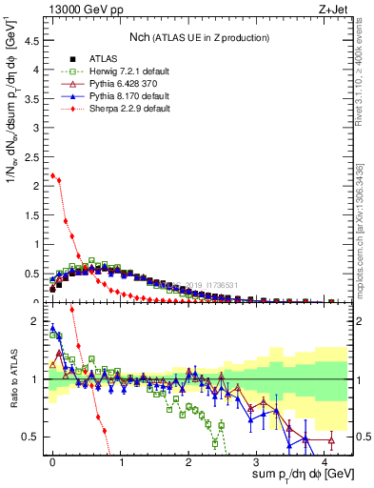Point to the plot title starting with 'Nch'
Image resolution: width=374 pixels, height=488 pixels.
pyautogui.click(x=199, y=37)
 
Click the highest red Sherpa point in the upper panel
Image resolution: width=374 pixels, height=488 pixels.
pyautogui.click(x=52, y=175)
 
